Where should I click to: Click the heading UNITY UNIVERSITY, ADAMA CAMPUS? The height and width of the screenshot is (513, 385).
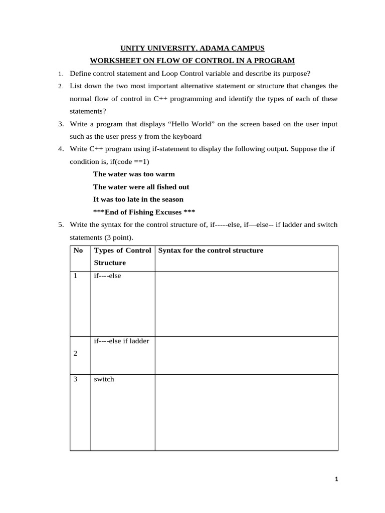click(192, 48)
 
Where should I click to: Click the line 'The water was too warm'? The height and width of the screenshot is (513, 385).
click(134, 174)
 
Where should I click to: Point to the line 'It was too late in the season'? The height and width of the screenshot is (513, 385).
click(138, 199)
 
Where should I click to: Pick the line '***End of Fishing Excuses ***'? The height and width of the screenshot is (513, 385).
click(144, 211)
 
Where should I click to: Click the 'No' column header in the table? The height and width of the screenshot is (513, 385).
click(78, 250)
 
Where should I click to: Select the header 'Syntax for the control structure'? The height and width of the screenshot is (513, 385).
click(211, 250)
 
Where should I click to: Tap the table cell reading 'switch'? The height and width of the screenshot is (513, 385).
click(104, 379)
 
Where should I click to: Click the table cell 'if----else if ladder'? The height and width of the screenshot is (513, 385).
click(121, 341)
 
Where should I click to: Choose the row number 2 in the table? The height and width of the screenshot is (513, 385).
click(76, 354)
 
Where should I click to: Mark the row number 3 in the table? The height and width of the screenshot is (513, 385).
click(76, 379)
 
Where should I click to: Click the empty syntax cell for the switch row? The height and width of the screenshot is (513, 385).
click(246, 412)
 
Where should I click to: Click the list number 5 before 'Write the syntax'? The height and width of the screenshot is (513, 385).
click(60, 224)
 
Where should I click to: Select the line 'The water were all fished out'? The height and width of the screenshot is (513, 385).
click(141, 186)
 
